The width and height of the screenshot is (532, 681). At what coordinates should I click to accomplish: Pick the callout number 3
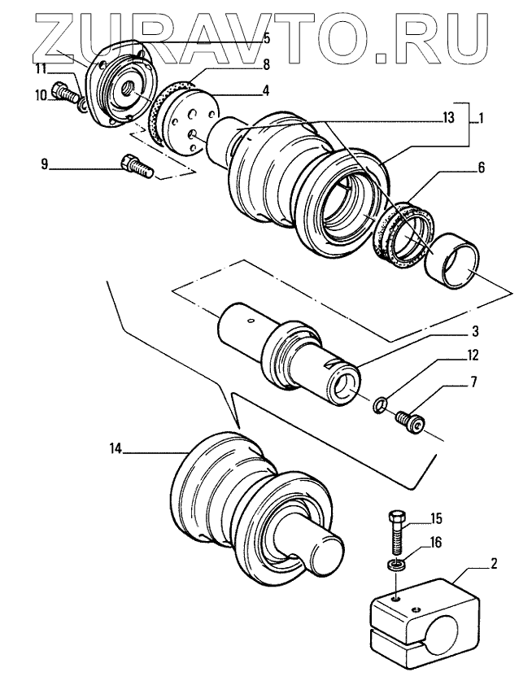[x=475, y=332]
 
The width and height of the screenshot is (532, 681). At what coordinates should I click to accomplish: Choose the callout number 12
[x=473, y=356]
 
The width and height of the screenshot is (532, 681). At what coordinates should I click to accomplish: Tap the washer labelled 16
[x=395, y=565]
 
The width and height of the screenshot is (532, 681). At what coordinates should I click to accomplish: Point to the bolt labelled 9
[x=134, y=166]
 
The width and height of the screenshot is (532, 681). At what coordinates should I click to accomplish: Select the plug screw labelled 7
[x=408, y=421]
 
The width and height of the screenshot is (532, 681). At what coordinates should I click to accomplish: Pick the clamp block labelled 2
[x=416, y=618]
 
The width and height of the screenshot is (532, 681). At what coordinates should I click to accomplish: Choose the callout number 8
[x=265, y=63]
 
